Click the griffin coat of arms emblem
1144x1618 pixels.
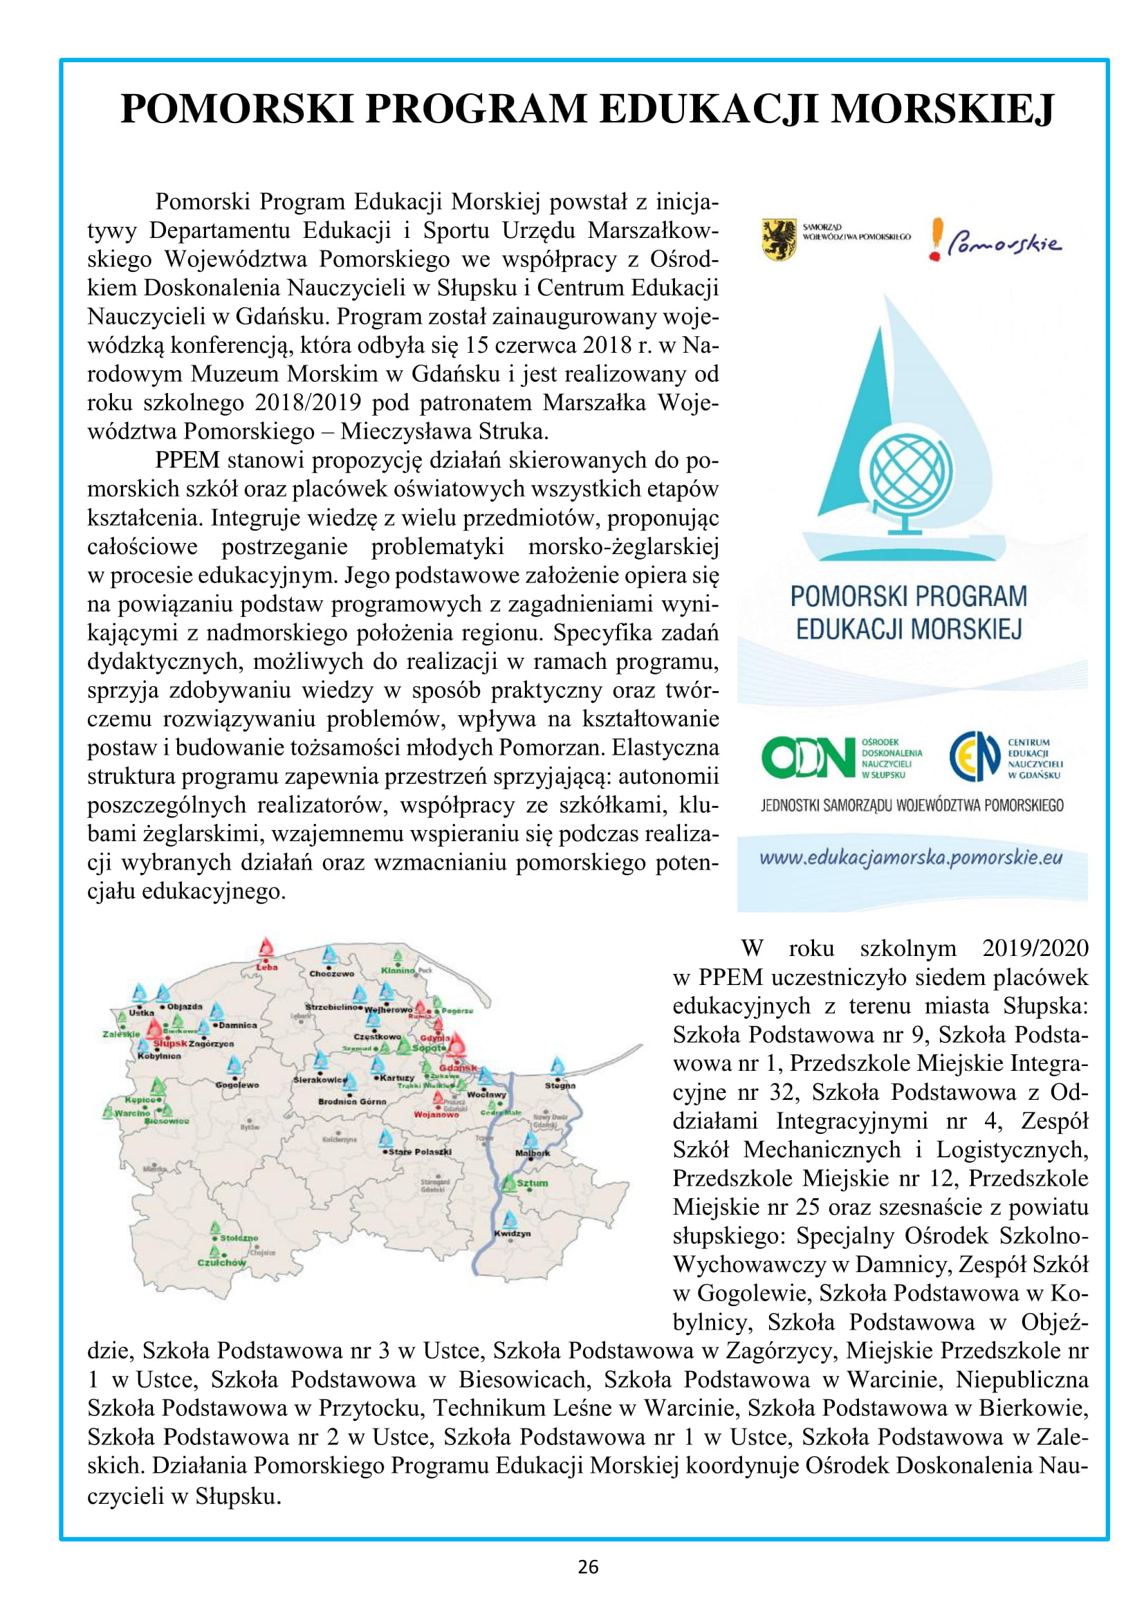pyautogui.click(x=779, y=239)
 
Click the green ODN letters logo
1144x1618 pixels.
pyautogui.click(x=807, y=758)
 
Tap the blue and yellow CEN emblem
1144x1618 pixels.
pyautogui.click(x=975, y=757)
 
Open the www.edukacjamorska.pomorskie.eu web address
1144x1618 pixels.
pyautogui.click(x=911, y=858)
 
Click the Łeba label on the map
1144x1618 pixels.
pyautogui.click(x=267, y=968)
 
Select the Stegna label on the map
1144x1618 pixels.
pyautogui.click(x=560, y=1085)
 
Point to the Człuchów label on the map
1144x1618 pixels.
pyautogui.click(x=222, y=1263)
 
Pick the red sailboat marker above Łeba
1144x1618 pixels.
pyautogui.click(x=266, y=948)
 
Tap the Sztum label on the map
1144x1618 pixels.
pyautogui.click(x=532, y=1183)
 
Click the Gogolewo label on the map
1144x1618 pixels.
pyautogui.click(x=237, y=1085)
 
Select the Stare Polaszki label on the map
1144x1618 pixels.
pyautogui.click(x=420, y=1152)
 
